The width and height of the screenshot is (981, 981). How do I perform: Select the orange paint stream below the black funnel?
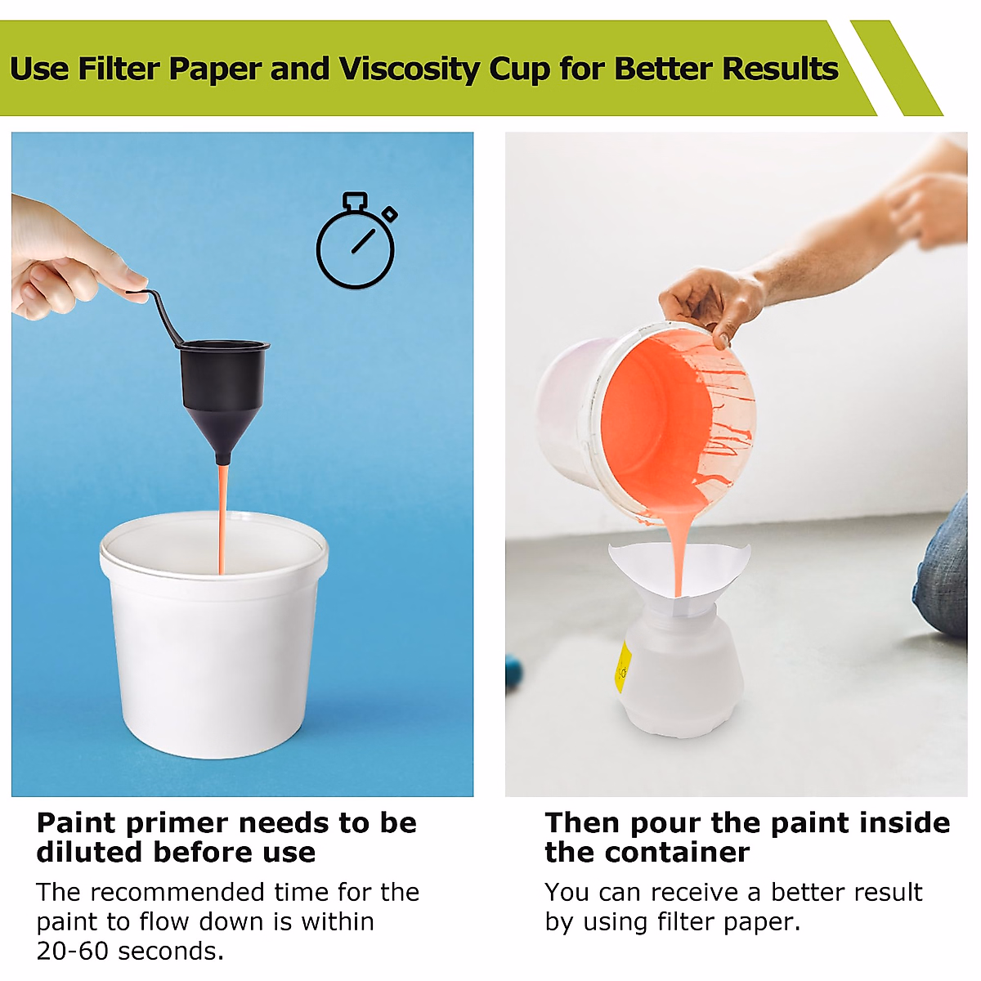tap(222, 515)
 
